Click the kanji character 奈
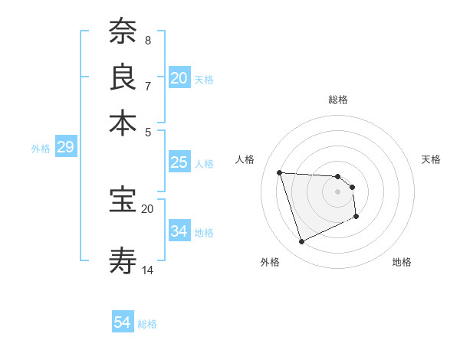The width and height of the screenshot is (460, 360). click(123, 32)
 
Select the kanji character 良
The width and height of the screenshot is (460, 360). click(123, 77)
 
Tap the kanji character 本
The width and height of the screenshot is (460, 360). click(123, 123)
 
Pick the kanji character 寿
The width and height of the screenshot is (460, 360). click(123, 261)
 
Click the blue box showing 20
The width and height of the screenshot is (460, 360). click(179, 78)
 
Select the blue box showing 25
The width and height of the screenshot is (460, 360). click(179, 162)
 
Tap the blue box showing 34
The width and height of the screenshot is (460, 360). click(179, 231)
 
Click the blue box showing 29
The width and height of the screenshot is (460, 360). click(65, 147)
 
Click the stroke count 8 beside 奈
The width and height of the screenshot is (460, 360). click(147, 40)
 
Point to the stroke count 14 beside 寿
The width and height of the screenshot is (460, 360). click(148, 270)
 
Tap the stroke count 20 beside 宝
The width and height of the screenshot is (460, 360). click(148, 208)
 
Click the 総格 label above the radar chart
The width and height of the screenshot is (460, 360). click(338, 100)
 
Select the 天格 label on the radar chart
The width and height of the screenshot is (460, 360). click(431, 159)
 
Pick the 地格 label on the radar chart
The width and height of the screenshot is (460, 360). click(402, 262)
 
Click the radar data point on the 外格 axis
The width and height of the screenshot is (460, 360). click(301, 242)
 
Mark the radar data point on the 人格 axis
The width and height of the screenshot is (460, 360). click(280, 172)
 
